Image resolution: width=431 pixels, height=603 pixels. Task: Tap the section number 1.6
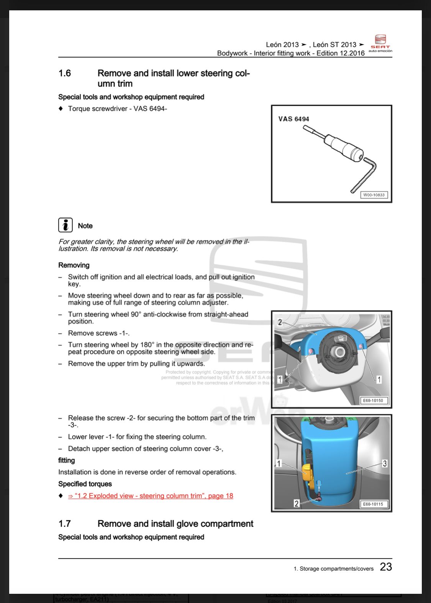click(65, 73)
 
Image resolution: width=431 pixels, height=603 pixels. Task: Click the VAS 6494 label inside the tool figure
click(293, 119)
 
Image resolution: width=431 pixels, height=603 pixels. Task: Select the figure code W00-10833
click(374, 195)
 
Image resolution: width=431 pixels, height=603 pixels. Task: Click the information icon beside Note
click(66, 225)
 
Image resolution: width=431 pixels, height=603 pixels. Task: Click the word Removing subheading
click(74, 265)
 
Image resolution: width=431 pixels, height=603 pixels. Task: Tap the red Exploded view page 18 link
click(151, 496)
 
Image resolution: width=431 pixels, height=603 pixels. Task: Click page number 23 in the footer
click(386, 567)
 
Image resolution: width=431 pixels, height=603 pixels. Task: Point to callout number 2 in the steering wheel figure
click(280, 322)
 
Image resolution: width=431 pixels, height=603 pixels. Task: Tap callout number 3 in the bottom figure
click(385, 464)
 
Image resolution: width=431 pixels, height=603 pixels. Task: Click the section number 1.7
click(65, 524)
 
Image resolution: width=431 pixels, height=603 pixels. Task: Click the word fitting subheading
click(67, 460)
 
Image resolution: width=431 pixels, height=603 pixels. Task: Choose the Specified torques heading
click(85, 484)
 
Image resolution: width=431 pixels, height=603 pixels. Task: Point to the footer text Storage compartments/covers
click(333, 569)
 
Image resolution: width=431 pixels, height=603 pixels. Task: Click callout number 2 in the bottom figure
click(296, 503)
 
